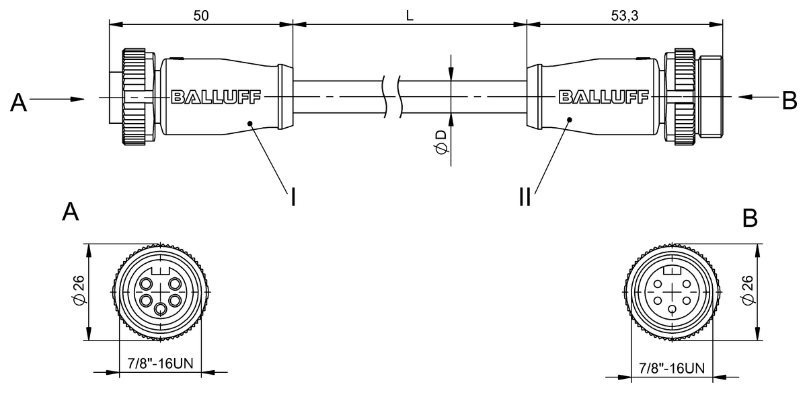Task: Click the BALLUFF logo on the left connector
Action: click(217, 97)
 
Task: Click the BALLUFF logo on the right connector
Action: click(603, 97)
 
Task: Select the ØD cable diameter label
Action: click(440, 143)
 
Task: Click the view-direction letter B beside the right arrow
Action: click(789, 100)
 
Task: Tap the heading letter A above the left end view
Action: click(71, 212)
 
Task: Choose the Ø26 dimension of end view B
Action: click(746, 291)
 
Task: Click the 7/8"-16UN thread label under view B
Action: click(672, 368)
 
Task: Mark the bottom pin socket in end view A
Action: click(160, 309)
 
